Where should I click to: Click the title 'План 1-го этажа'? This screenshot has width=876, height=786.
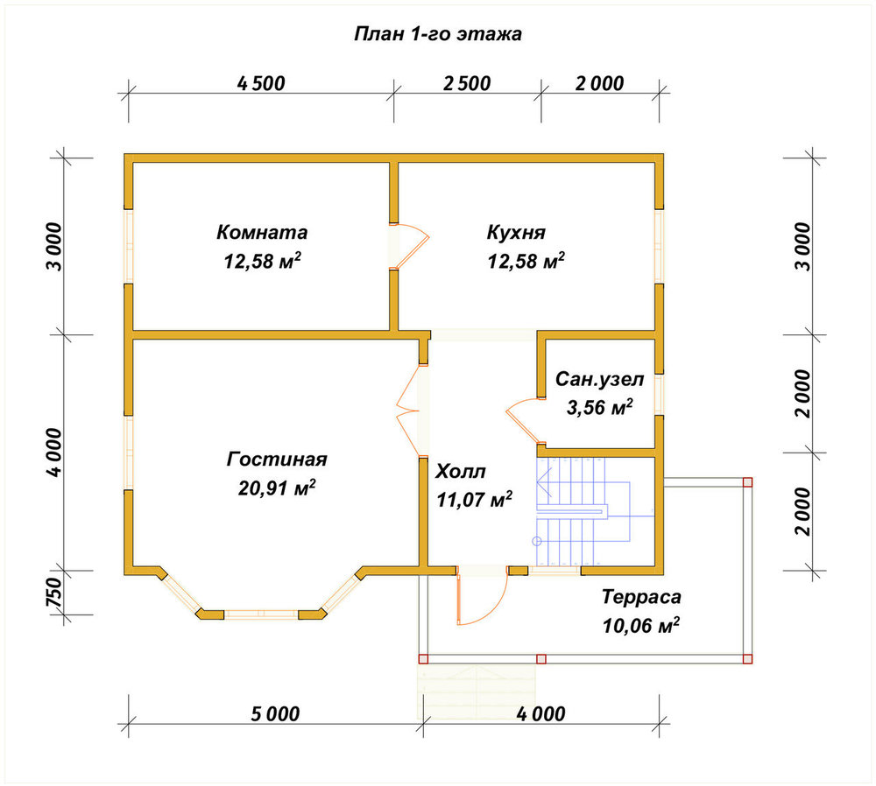438,34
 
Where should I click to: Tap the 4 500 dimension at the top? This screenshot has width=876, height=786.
261,84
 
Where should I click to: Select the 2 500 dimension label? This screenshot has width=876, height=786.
467,84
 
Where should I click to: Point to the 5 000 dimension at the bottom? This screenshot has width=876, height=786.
275,714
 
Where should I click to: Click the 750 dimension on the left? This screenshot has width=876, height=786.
53,593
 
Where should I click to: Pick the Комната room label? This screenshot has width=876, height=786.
262,232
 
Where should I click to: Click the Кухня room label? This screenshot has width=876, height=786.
516,232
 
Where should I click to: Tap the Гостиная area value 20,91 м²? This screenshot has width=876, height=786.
277,488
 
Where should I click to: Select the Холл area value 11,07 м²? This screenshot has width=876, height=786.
474,500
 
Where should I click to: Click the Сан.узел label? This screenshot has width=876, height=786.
599,380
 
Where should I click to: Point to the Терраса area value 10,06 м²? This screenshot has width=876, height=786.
641,626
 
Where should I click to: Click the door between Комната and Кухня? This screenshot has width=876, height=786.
409,246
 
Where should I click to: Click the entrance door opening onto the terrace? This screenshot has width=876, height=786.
482,596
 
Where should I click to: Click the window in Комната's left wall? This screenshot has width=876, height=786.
129,246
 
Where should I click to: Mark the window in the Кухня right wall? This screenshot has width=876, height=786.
660,246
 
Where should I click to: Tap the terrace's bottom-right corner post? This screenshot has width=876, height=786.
747,659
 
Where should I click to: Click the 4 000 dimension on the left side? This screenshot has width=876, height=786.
54,453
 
